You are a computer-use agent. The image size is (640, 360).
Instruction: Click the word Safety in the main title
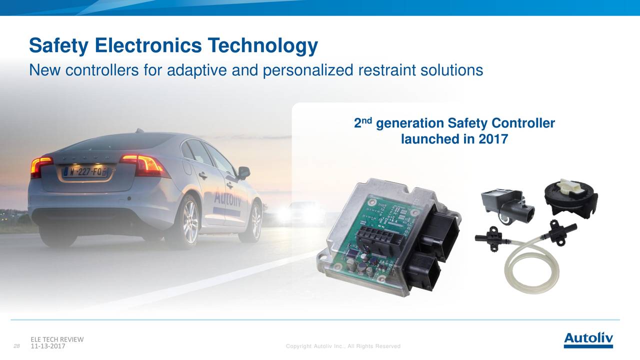[58, 45]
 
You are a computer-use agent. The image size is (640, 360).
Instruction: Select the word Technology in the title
[262, 45]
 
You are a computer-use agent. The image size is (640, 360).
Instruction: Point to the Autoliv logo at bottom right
[588, 340]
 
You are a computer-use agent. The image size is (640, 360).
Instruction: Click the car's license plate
[85, 171]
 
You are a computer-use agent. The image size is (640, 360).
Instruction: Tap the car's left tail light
[40, 166]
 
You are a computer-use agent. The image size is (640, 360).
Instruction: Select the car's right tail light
[145, 165]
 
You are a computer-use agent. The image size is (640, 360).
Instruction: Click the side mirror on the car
[243, 172]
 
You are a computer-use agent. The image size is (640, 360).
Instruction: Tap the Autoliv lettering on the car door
[227, 196]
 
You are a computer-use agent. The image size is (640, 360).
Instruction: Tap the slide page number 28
[16, 346]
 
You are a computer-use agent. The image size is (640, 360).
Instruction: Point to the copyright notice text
[343, 346]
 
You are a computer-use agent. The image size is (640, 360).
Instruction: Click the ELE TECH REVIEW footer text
[57, 339]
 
